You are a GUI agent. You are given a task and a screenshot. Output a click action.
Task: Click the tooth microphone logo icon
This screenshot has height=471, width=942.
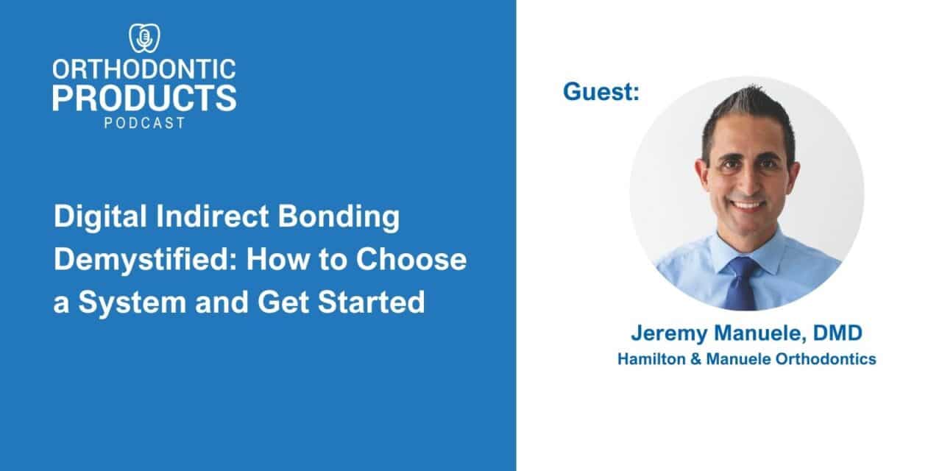click(x=144, y=38)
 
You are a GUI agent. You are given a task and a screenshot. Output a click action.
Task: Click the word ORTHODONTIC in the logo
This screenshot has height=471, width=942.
click(x=144, y=69)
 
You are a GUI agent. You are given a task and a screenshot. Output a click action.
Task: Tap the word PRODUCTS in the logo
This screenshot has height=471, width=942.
click(x=144, y=98)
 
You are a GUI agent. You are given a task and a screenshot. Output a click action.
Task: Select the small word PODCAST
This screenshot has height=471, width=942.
click(x=144, y=123)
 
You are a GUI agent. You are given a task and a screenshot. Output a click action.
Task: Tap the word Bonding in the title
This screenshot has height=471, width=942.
click(x=339, y=217)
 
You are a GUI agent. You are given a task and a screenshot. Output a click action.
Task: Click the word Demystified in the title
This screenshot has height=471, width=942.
click(x=145, y=260)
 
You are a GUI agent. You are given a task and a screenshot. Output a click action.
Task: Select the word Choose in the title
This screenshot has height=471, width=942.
click(x=411, y=259)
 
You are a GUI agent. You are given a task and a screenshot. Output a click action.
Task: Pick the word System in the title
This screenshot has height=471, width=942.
click(x=132, y=302)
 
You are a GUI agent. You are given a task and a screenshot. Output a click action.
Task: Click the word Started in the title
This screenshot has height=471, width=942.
click(x=372, y=302)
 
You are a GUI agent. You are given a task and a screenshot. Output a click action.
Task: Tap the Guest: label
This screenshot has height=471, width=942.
click(x=601, y=92)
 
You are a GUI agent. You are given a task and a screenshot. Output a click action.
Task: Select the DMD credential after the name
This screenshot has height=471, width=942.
click(x=837, y=333)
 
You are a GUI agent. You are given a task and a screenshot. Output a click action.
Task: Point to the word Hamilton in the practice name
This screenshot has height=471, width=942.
click(x=651, y=358)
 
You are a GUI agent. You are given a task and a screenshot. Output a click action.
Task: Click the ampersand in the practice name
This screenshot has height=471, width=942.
click(x=696, y=359)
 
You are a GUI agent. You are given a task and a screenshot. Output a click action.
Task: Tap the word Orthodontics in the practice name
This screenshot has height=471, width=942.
click(x=826, y=358)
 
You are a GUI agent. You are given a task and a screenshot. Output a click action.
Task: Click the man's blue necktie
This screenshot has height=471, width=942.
click(x=743, y=283)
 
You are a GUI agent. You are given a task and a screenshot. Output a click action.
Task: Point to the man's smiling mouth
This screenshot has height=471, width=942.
click(x=746, y=205)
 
